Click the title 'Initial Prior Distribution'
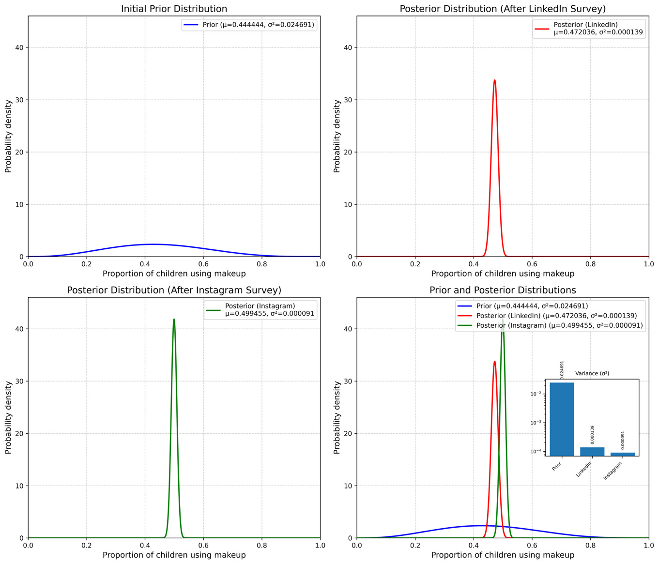pyautogui.click(x=174, y=9)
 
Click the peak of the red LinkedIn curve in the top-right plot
pyautogui.click(x=494, y=80)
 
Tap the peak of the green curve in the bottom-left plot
pyautogui.click(x=174, y=320)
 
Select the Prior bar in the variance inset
pyautogui.click(x=562, y=419)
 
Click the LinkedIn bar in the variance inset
pyautogui.click(x=592, y=451)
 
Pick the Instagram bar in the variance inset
pyautogui.click(x=622, y=454)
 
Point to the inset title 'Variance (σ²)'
pyautogui.click(x=592, y=373)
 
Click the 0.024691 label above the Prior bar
pyautogui.click(x=562, y=371)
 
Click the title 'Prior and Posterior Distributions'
pyautogui.click(x=503, y=290)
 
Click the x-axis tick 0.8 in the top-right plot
pyautogui.click(x=590, y=264)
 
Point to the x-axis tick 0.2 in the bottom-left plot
pyautogui.click(x=87, y=545)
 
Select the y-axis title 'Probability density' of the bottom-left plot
pyautogui.click(x=8, y=417)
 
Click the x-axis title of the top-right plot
pyautogui.click(x=503, y=274)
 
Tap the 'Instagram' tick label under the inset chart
pyautogui.click(x=613, y=471)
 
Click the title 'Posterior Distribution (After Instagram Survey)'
pyautogui.click(x=174, y=290)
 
